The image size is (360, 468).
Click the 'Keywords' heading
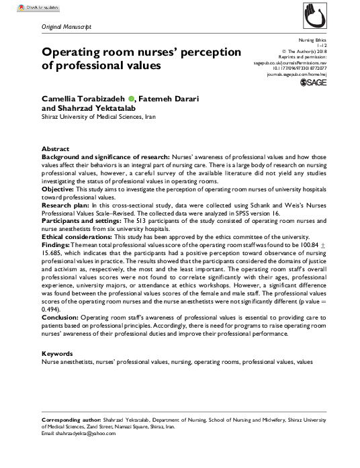tap(58, 353)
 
